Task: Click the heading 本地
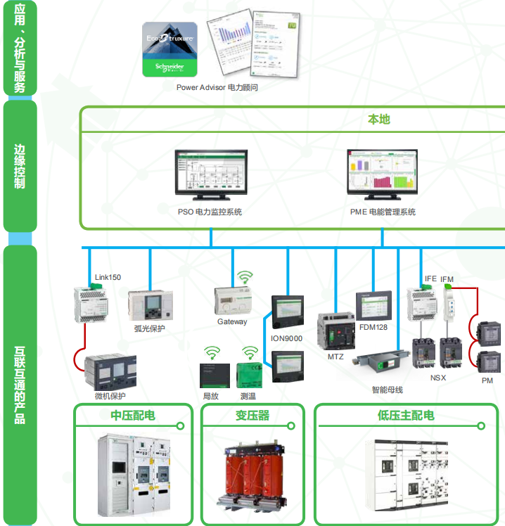pos(378,120)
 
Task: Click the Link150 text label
pos(108,277)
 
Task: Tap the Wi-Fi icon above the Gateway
pos(243,277)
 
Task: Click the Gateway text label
pos(232,321)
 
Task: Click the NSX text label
pos(438,378)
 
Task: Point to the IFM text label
pos(447,279)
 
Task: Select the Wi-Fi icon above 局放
pos(211,351)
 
